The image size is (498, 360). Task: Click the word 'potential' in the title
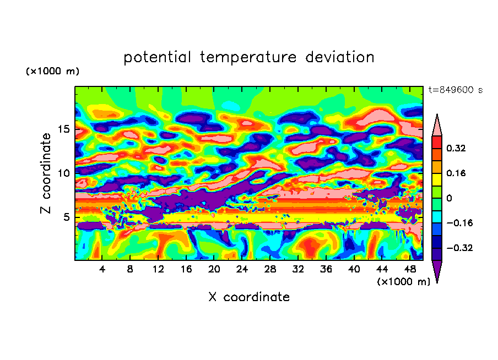158,57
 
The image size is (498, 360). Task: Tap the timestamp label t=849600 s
455,90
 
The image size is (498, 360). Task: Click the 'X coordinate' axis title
249,297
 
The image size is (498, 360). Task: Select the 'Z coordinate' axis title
46,173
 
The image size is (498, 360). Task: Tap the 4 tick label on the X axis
102,269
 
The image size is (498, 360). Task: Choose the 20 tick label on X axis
214,269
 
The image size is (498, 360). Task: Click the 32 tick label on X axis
297,269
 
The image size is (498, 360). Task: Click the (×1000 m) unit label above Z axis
52,72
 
